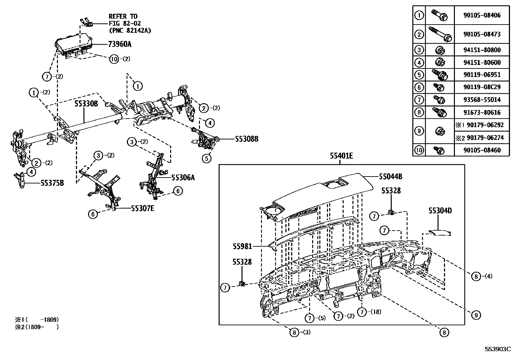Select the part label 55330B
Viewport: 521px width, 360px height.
click(86, 104)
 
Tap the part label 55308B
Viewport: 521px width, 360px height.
click(246, 139)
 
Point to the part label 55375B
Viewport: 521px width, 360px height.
click(52, 183)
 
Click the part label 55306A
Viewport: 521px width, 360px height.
click(183, 177)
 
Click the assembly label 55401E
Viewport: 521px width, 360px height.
click(341, 156)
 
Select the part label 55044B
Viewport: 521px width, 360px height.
click(390, 176)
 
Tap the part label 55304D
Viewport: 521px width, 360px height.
click(440, 211)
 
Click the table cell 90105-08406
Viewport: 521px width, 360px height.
click(482, 15)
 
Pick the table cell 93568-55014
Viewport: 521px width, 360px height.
click(482, 100)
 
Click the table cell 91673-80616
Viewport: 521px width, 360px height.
click(482, 112)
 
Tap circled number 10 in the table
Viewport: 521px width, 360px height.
click(419, 150)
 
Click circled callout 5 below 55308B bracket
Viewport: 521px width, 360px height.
click(207, 158)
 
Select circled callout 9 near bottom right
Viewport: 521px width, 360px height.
click(476, 315)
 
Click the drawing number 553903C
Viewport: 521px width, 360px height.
click(497, 349)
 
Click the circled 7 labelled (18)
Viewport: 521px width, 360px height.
click(362, 312)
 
